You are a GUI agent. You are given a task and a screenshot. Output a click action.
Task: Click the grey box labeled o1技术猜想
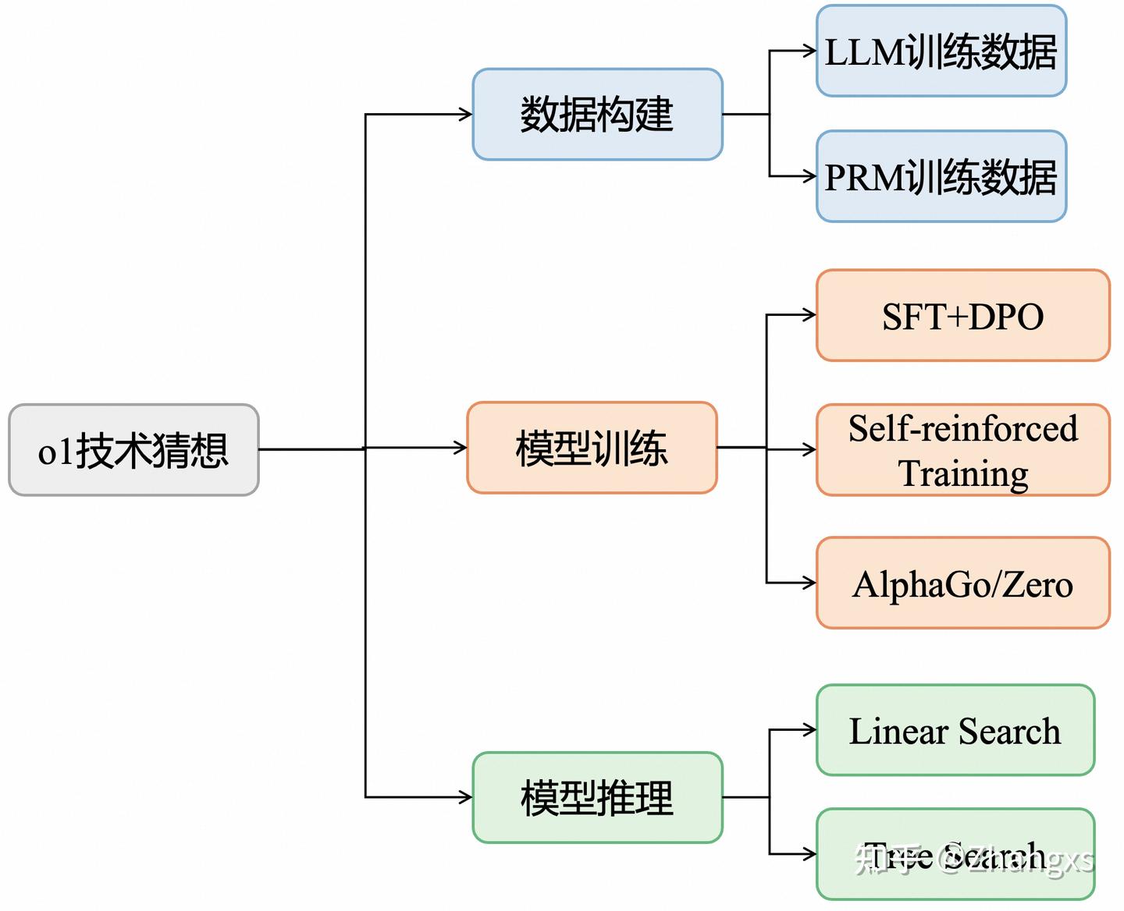133,450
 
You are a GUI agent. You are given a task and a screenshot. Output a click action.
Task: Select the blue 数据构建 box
597,115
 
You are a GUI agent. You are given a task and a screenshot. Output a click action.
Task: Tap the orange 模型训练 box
592,448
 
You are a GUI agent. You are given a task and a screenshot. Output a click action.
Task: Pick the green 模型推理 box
597,798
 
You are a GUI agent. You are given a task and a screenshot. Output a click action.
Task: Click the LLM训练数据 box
941,51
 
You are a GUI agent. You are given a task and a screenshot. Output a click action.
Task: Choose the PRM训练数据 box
941,177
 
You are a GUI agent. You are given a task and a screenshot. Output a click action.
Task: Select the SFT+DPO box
962,316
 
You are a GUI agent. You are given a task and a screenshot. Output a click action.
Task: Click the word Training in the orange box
963,473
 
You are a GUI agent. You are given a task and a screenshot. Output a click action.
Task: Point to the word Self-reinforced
963,428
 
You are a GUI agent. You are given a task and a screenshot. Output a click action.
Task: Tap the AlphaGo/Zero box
962,583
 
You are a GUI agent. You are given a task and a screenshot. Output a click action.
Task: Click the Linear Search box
955,731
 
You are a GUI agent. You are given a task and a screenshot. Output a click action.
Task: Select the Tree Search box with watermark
955,855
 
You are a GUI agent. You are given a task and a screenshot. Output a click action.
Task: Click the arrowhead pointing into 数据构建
466,115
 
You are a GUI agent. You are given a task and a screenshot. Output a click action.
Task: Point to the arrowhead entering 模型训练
461,448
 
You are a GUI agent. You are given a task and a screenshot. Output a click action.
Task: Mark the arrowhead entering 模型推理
466,797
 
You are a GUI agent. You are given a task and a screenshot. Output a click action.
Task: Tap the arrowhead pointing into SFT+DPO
810,315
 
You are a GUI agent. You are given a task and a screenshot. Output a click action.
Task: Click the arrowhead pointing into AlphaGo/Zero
810,583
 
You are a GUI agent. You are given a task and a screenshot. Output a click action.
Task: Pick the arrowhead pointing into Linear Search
810,730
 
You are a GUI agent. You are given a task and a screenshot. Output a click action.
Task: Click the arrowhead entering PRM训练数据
810,176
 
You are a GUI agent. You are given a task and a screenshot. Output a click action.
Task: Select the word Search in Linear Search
1009,732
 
